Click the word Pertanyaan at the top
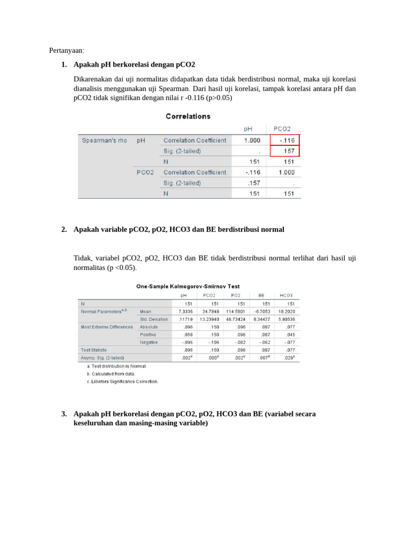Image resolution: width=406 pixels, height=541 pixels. pyautogui.click(x=67, y=50)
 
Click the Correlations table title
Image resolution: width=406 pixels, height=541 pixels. pyautogui.click(x=188, y=116)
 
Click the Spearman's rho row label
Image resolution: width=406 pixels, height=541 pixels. pyautogui.click(x=105, y=140)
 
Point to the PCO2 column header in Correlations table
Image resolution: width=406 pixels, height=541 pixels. pyautogui.click(x=282, y=128)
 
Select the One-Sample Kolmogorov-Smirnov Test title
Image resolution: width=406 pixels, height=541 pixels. pyautogui.click(x=188, y=286)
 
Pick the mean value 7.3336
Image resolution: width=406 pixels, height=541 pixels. pyautogui.click(x=184, y=312)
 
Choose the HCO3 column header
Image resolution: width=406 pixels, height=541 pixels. pyautogui.click(x=286, y=295)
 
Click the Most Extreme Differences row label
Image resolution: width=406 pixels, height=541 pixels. pyautogui.click(x=107, y=327)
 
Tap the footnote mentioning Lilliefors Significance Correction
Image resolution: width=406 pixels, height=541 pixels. pyautogui.click(x=123, y=381)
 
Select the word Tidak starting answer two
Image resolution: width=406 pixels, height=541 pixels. pyautogui.click(x=82, y=258)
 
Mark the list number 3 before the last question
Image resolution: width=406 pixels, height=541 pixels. pyautogui.click(x=63, y=414)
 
